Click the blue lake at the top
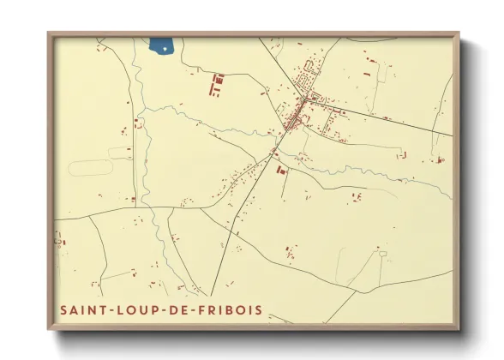coord(159,45)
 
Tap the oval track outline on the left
coord(91,166)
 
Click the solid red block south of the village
coord(279,171)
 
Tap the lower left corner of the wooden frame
coord(50,329)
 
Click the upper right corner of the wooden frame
coord(457,35)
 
